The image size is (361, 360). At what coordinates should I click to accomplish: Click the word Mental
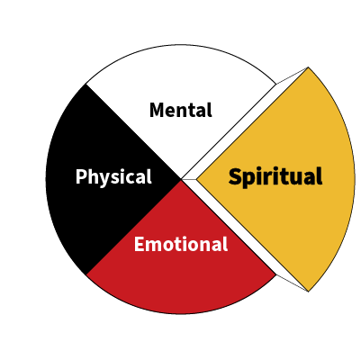point(181,110)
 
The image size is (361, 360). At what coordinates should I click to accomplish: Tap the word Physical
point(113,177)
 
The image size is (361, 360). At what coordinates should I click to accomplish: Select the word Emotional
point(181,244)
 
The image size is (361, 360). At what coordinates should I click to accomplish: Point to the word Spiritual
point(275,176)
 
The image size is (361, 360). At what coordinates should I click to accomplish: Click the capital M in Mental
point(157,110)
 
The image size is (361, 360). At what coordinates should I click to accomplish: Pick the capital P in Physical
point(81,176)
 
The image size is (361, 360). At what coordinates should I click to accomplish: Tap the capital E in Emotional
point(139,244)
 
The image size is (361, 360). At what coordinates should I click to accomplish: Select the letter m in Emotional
point(154,246)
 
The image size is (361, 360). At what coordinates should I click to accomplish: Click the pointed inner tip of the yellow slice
point(197,180)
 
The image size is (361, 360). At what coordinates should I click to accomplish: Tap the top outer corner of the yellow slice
point(308,67)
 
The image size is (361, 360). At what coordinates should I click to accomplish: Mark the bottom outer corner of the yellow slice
point(308,291)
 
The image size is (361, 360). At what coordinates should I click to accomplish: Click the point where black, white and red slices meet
point(181,180)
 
